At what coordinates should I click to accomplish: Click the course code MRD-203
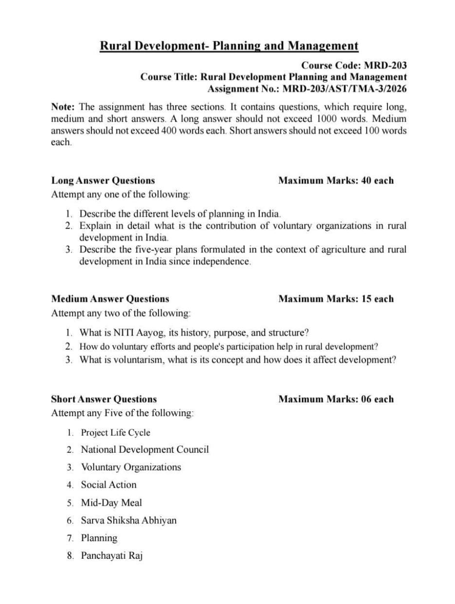[385, 65]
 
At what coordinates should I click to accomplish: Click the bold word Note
[63, 107]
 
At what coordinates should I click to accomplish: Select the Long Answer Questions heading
[103, 181]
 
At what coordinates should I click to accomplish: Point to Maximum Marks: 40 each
[336, 181]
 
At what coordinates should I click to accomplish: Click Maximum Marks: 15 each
[336, 299]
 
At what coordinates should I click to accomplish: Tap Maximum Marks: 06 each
[336, 399]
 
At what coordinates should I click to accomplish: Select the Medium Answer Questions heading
[110, 299]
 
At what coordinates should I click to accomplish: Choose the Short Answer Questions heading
[104, 399]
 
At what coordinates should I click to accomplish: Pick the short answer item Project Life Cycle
[115, 433]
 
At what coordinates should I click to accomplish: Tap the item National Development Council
[145, 449]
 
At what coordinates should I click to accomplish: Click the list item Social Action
[109, 485]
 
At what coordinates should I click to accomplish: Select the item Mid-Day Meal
[111, 502]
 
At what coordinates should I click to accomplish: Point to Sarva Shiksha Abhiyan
[128, 520]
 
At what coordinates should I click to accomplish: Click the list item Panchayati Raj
[111, 555]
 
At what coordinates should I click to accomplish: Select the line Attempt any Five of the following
[122, 413]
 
